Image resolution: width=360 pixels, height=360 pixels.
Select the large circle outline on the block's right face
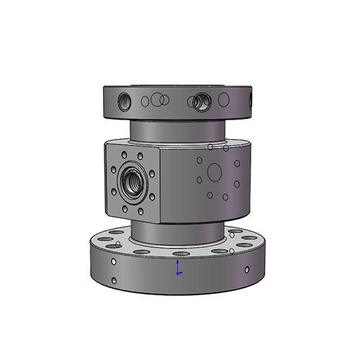pyautogui.click(x=214, y=171)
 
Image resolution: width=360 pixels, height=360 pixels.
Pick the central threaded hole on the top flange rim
pyautogui.click(x=199, y=102)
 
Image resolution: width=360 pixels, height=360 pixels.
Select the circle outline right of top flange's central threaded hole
pyautogui.click(x=222, y=100)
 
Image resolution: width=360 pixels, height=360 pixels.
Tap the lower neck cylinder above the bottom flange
pyautogui.click(x=176, y=230)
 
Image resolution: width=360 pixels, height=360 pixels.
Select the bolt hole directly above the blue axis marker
pyautogui.click(x=178, y=253)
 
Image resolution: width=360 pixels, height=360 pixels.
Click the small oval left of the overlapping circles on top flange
pyautogui.click(x=145, y=101)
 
